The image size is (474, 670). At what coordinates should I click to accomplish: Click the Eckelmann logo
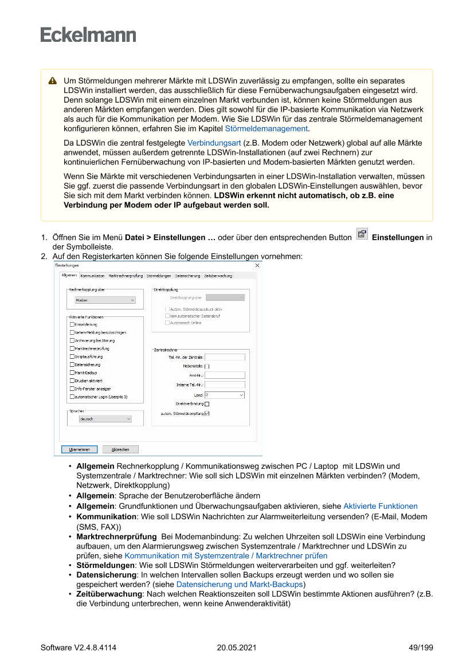(88, 34)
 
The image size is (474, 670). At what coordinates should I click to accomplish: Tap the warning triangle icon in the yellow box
(52, 81)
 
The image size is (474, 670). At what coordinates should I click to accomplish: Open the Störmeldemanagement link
(267, 129)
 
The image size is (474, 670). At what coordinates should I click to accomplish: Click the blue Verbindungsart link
(214, 142)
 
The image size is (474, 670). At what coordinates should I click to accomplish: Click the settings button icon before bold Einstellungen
(362, 234)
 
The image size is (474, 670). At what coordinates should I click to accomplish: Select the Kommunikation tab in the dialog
(92, 276)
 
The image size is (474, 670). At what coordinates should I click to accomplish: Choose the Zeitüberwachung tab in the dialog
(218, 276)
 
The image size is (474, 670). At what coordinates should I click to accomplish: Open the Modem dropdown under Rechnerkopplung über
(105, 300)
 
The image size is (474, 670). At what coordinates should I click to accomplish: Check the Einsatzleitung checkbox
(72, 324)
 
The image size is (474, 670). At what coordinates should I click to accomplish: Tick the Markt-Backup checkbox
(72, 373)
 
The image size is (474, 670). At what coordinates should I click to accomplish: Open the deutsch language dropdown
(105, 419)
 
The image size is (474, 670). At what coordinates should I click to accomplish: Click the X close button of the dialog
(257, 265)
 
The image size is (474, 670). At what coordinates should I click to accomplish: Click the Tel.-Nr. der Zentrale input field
(225, 357)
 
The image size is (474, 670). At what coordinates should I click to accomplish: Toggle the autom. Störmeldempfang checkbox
(207, 413)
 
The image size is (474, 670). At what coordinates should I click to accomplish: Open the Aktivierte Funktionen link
(380, 506)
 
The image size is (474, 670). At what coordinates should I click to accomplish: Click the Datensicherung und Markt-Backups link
(239, 585)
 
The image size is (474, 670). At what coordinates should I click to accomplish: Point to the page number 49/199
(421, 648)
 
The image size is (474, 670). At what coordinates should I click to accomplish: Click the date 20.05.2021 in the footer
(236, 648)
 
